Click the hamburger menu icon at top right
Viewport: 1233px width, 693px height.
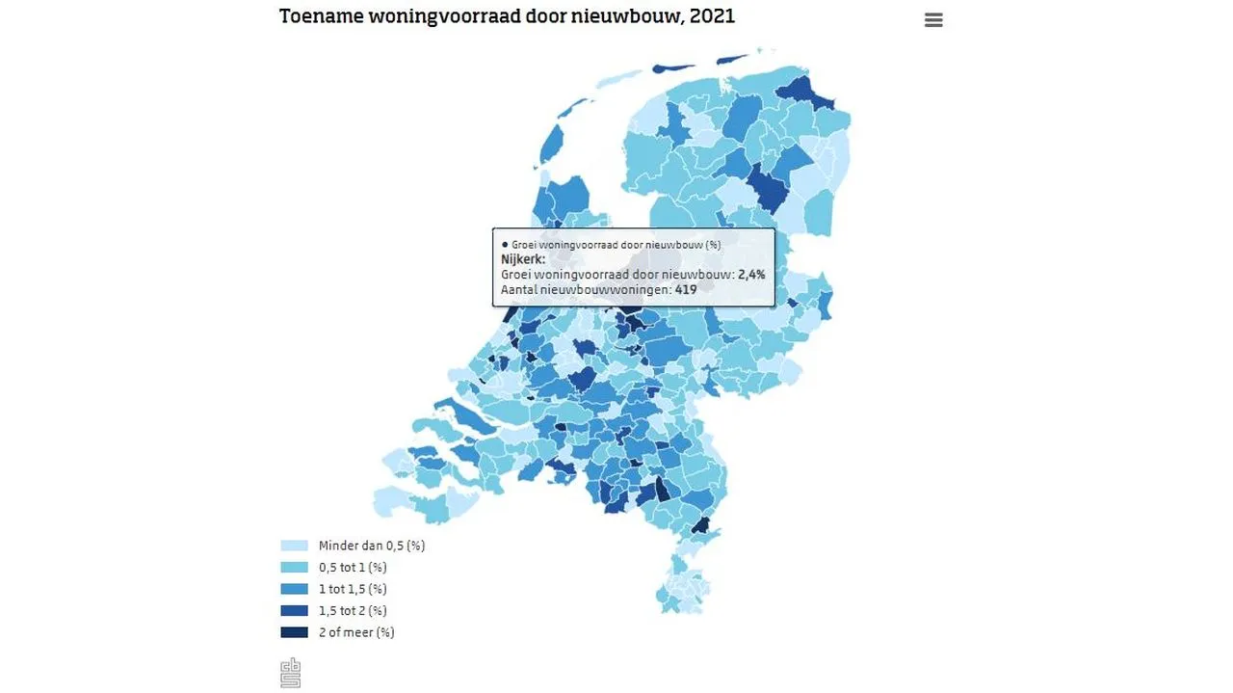(x=933, y=20)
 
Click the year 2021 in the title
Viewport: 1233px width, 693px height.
(x=714, y=16)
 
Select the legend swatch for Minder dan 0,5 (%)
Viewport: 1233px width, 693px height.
(x=294, y=546)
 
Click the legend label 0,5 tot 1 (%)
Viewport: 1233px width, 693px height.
(x=353, y=568)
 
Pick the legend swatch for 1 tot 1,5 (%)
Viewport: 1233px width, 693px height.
(x=294, y=589)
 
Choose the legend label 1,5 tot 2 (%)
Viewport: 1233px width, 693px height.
(x=353, y=611)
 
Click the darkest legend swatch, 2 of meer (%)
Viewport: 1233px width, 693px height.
(x=294, y=632)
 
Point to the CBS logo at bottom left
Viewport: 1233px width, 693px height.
(x=291, y=672)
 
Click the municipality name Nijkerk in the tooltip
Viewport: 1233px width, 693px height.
(x=521, y=259)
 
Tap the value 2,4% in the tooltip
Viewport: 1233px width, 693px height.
(x=751, y=275)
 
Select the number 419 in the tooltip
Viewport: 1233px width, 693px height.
(x=686, y=289)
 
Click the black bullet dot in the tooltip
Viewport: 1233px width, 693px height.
(x=504, y=245)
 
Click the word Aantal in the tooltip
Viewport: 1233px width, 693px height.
(x=519, y=289)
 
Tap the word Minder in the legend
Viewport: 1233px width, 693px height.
(x=337, y=546)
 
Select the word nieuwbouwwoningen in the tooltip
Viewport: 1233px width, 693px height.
(x=605, y=289)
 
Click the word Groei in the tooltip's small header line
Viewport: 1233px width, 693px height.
(x=524, y=245)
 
